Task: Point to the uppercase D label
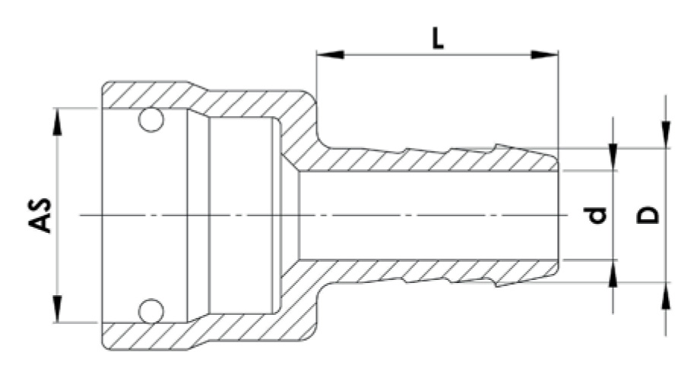click(x=648, y=215)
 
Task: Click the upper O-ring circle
click(x=150, y=120)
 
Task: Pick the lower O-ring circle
click(x=150, y=310)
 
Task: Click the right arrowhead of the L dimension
click(x=544, y=55)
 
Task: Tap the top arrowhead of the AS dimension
click(x=58, y=121)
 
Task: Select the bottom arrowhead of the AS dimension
click(x=58, y=309)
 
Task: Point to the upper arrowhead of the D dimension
click(x=666, y=135)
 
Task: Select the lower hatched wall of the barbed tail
click(x=426, y=272)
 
